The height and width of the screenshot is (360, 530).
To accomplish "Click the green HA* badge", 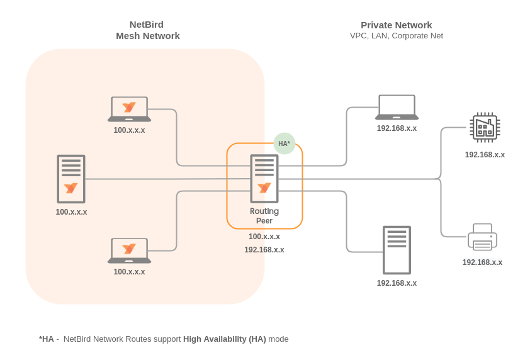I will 285,143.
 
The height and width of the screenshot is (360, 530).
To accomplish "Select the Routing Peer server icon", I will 264,179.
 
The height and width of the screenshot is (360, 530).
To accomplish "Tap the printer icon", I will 482,237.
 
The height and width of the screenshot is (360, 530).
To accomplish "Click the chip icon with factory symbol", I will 485,127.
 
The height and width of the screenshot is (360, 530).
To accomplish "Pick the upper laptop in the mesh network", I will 129,109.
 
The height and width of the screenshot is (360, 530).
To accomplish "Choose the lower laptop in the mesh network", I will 129,250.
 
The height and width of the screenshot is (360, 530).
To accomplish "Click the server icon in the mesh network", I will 71,179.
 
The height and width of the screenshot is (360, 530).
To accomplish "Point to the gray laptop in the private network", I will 397,108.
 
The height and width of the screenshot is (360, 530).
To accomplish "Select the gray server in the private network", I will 397,250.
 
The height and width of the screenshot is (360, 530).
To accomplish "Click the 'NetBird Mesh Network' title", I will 147,30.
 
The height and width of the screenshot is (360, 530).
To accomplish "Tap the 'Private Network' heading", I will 396,25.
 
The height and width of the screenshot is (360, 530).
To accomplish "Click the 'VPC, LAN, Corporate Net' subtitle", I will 396,36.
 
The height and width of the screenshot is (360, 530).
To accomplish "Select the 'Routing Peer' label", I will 264,216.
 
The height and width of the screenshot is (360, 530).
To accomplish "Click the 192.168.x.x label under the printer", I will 482,262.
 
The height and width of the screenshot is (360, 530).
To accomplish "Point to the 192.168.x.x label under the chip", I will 485,155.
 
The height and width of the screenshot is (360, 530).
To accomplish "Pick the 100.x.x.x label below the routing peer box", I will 264,237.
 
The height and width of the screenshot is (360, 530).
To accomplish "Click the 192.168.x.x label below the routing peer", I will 264,250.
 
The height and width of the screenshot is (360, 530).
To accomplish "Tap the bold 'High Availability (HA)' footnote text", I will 224,339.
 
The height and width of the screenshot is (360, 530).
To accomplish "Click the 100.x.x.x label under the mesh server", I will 71,212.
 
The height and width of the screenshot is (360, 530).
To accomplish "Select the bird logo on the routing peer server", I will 264,188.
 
